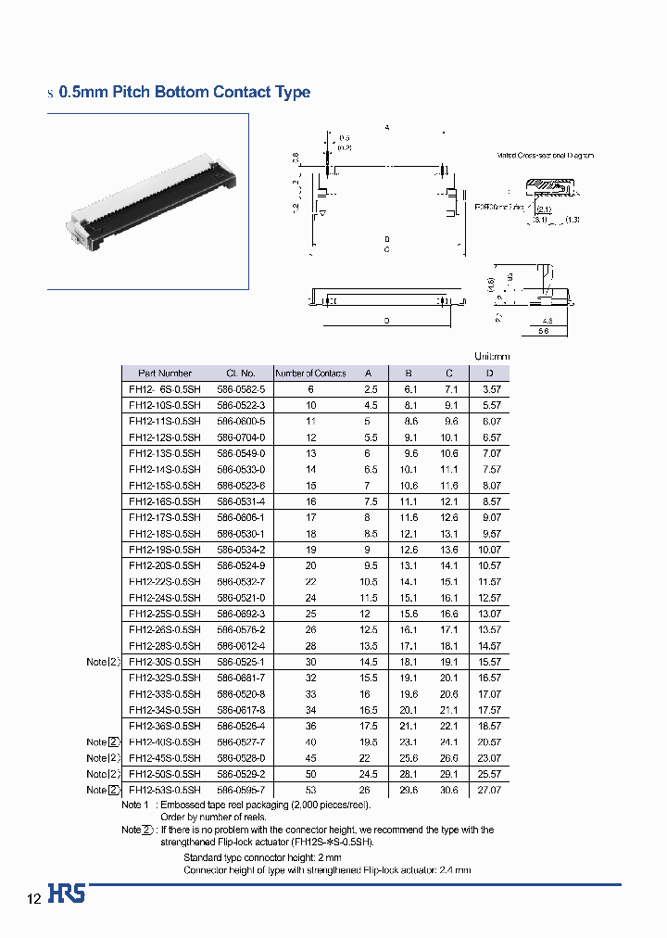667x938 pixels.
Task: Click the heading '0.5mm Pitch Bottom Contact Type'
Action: point(183,93)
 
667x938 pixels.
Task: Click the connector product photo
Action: point(148,201)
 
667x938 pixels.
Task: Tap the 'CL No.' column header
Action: point(240,374)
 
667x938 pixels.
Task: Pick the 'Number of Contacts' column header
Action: point(310,374)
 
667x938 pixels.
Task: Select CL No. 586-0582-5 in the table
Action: point(241,389)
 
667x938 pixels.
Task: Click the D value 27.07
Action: point(489,790)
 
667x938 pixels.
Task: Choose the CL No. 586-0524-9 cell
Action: point(241,565)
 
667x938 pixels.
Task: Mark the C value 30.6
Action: point(449,790)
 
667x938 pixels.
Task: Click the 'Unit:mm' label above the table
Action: point(491,357)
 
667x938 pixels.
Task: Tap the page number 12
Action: point(33,899)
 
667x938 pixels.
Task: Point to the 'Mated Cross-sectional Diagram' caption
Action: point(545,157)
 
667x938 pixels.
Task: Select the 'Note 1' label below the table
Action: point(135,805)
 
